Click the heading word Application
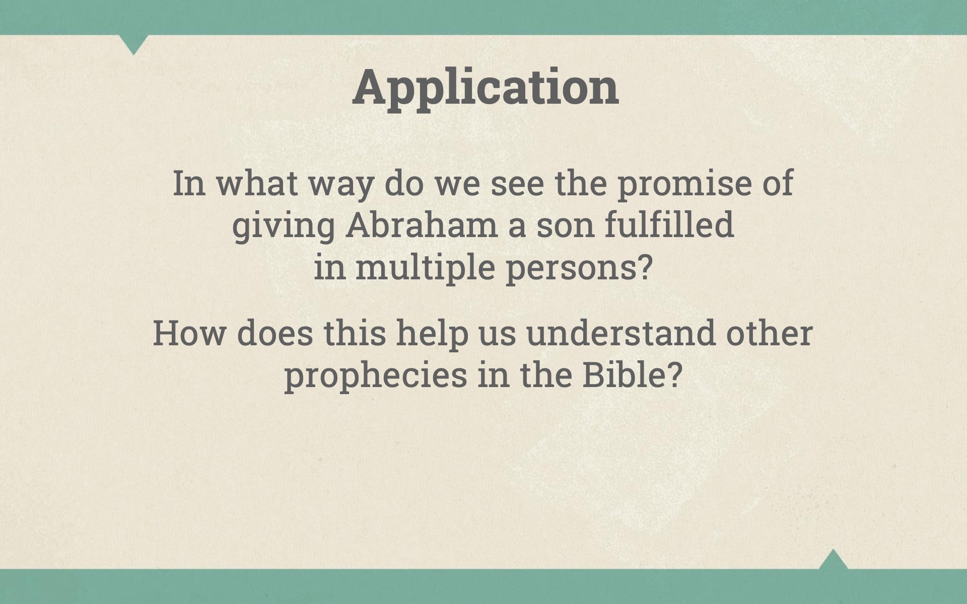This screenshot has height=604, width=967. pyautogui.click(x=486, y=87)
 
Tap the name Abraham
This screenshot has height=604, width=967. pyautogui.click(x=422, y=225)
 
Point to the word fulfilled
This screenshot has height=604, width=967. pyautogui.click(x=669, y=224)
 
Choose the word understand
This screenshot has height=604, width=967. pyautogui.click(x=620, y=333)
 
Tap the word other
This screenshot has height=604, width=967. pyautogui.click(x=769, y=333)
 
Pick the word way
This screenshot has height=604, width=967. pyautogui.click(x=341, y=185)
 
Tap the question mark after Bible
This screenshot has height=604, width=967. pyautogui.click(x=675, y=375)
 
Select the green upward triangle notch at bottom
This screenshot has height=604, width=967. pyautogui.click(x=833, y=560)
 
